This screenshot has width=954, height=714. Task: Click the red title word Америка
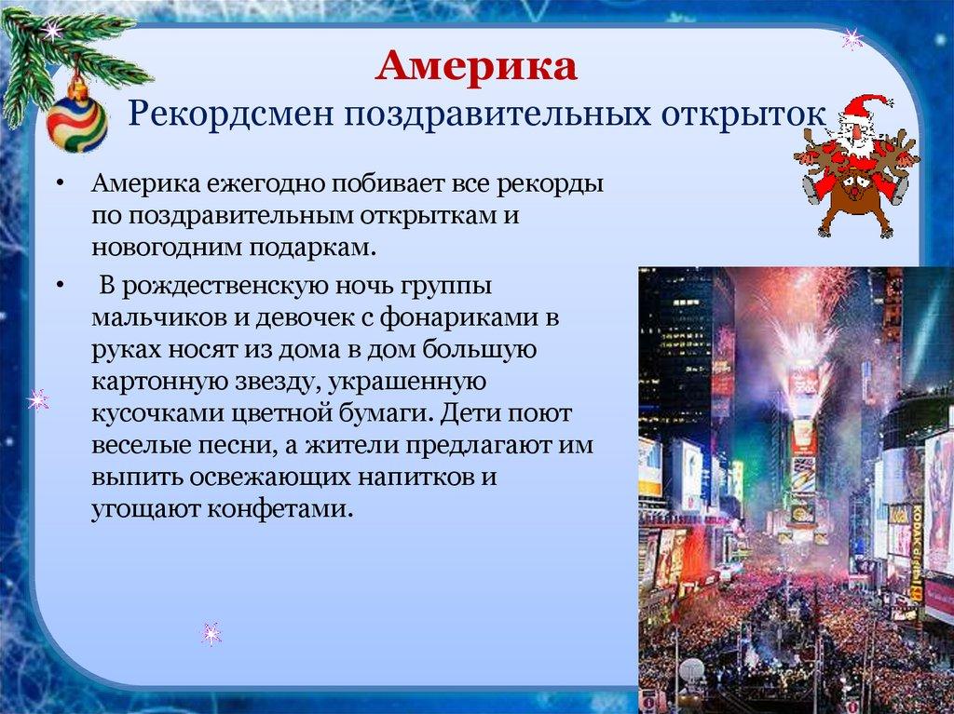click(x=477, y=70)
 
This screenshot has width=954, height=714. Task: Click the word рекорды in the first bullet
click(x=552, y=183)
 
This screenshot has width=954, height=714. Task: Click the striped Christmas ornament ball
click(x=76, y=119)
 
